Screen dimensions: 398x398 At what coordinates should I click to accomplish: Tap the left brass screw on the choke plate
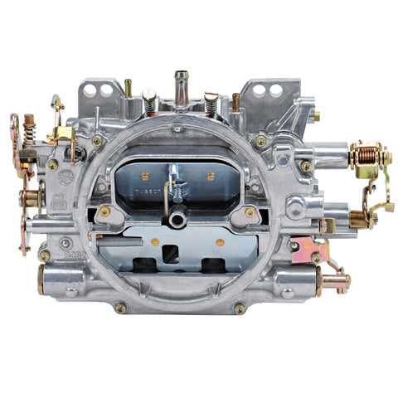coord(145,176)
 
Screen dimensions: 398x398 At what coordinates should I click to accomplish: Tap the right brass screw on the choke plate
coord(211,176)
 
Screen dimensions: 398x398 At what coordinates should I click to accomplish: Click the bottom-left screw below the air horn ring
coord(120,308)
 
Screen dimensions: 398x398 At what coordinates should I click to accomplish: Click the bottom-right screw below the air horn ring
coord(240,308)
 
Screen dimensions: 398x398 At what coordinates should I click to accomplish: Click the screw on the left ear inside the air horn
coord(105,211)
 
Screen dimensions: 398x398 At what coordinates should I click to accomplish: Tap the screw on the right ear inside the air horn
coord(250,212)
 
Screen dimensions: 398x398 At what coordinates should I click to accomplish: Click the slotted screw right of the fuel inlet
coord(211,99)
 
